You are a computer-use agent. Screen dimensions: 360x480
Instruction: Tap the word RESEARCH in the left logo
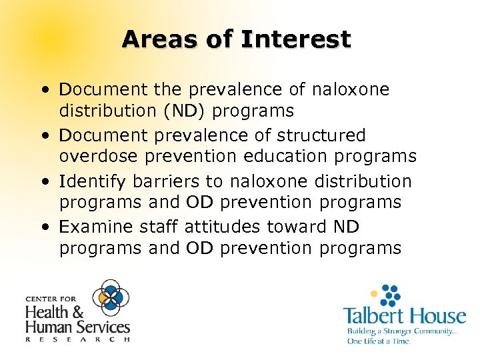coord(77,339)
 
